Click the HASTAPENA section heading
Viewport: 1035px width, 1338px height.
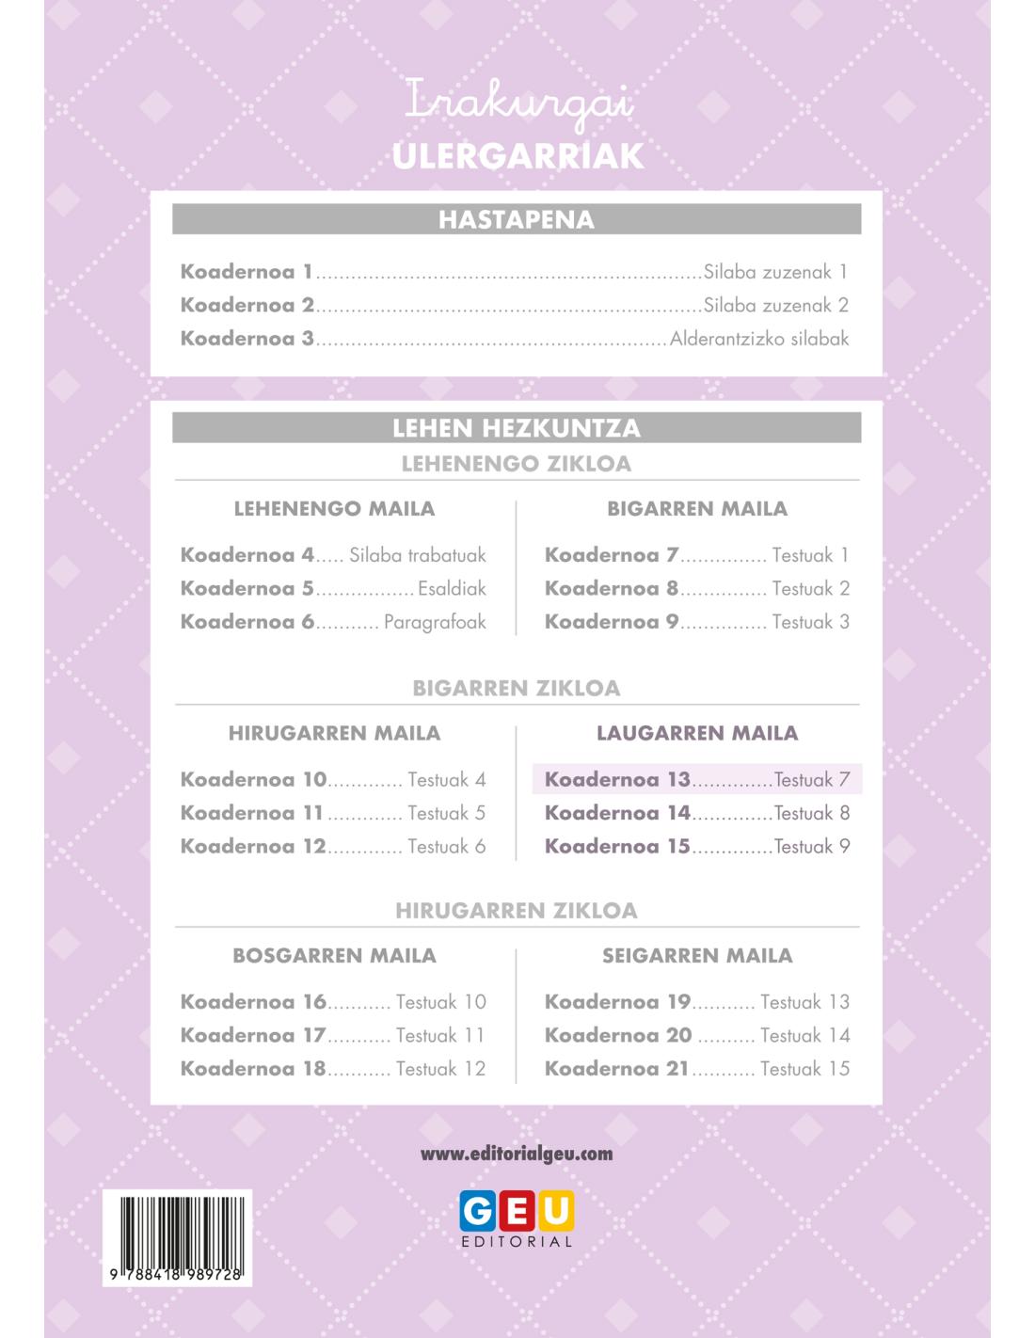[516, 220]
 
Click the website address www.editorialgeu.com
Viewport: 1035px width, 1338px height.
[516, 1154]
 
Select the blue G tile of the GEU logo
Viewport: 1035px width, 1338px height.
[477, 1210]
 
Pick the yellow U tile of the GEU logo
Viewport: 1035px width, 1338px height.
[556, 1210]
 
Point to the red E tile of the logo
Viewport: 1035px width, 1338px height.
[517, 1210]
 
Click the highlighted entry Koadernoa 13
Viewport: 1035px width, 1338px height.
[617, 780]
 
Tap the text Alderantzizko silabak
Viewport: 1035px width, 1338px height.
[758, 339]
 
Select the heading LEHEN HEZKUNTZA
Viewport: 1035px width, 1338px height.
[516, 428]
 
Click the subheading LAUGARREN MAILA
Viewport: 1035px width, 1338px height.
[697, 733]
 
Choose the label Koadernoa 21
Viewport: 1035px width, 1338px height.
[617, 1069]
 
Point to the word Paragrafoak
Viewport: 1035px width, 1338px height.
[435, 622]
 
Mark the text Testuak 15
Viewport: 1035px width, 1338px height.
[804, 1069]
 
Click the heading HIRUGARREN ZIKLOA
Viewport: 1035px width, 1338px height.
[516, 911]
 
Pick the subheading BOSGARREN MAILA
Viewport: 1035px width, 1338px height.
[334, 956]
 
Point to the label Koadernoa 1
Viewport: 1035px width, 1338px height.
[247, 272]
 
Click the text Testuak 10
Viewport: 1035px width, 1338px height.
[440, 1002]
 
